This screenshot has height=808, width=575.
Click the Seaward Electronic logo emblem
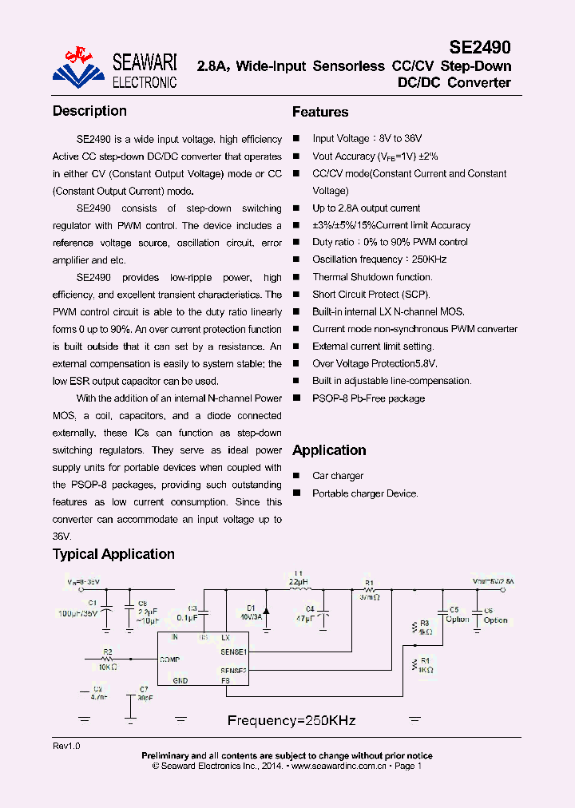(x=77, y=66)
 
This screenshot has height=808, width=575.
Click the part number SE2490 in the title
(x=479, y=47)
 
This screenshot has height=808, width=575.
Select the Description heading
(x=89, y=111)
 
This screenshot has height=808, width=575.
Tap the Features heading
(x=320, y=112)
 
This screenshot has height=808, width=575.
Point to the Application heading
(x=329, y=450)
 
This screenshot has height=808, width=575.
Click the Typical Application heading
(x=113, y=554)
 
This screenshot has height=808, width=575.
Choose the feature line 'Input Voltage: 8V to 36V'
(x=367, y=139)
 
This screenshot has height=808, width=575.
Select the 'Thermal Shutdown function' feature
(x=372, y=277)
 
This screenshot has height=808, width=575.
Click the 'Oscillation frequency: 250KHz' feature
(x=379, y=259)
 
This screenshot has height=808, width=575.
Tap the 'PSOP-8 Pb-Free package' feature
(x=368, y=398)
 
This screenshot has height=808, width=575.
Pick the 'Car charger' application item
(x=338, y=476)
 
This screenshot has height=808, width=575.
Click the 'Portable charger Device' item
(x=365, y=493)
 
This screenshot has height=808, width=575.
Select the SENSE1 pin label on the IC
(x=234, y=652)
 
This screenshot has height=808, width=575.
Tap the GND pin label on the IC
(x=180, y=680)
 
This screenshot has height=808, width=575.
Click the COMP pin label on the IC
(x=170, y=659)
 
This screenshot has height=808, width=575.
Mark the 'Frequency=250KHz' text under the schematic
(x=291, y=720)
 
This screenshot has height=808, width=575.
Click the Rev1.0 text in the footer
(x=66, y=745)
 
